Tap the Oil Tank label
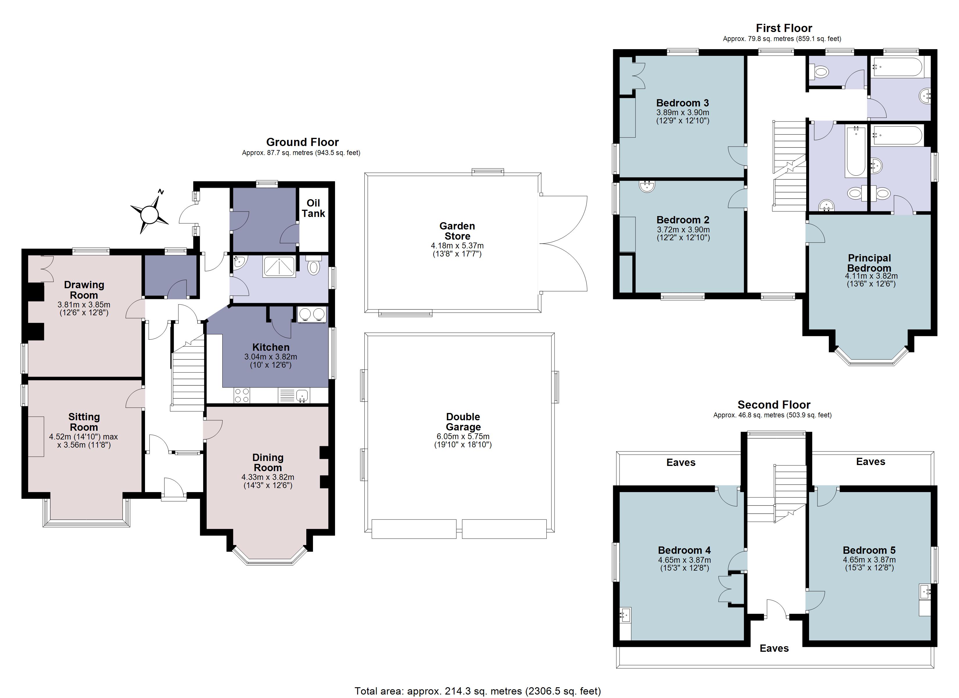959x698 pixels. tap(313, 208)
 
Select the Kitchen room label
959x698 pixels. tap(271, 347)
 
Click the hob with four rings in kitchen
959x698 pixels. tap(241, 395)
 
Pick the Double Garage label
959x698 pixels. tap(463, 422)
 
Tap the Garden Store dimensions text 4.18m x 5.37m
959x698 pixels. tap(457, 245)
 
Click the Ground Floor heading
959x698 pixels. tap(302, 142)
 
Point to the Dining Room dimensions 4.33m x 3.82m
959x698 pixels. tap(268, 477)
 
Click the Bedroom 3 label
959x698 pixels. tap(682, 103)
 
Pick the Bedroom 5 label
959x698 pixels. tap(869, 550)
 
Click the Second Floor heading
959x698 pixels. tap(774, 405)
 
